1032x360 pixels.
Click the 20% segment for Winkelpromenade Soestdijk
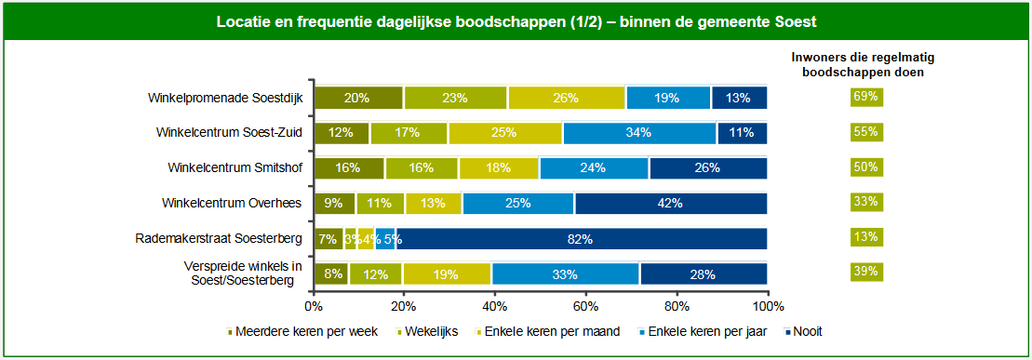click(x=357, y=98)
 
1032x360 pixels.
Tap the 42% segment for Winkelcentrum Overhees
click(x=670, y=204)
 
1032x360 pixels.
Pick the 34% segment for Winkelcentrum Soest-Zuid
click(x=638, y=133)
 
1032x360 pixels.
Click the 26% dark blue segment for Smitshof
click(x=708, y=168)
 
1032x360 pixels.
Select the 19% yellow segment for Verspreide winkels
click(x=447, y=274)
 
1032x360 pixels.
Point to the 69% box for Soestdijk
click(x=865, y=97)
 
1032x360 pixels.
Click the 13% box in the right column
click(x=865, y=237)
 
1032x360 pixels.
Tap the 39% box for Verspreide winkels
click(x=865, y=272)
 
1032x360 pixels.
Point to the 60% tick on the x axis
click(x=586, y=304)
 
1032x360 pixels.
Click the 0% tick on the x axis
click(x=314, y=304)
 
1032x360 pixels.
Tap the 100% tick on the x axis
click(x=767, y=304)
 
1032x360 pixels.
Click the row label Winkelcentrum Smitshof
click(x=235, y=168)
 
